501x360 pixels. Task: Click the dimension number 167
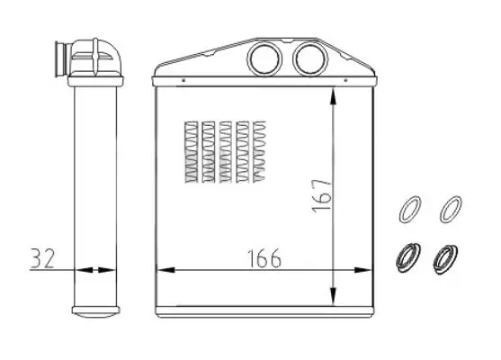pyautogui.click(x=321, y=195)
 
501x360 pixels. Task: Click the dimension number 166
pyautogui.click(x=264, y=258)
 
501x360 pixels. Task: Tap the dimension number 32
pyautogui.click(x=43, y=258)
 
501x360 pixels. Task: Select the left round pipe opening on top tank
pyautogui.click(x=264, y=59)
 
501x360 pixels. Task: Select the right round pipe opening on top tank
pyautogui.click(x=310, y=59)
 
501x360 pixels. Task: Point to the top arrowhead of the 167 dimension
pyautogui.click(x=333, y=97)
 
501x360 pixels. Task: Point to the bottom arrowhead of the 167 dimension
pyautogui.click(x=333, y=296)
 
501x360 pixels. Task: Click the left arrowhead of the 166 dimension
pyautogui.click(x=166, y=270)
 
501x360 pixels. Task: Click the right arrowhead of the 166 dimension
pyautogui.click(x=362, y=270)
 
